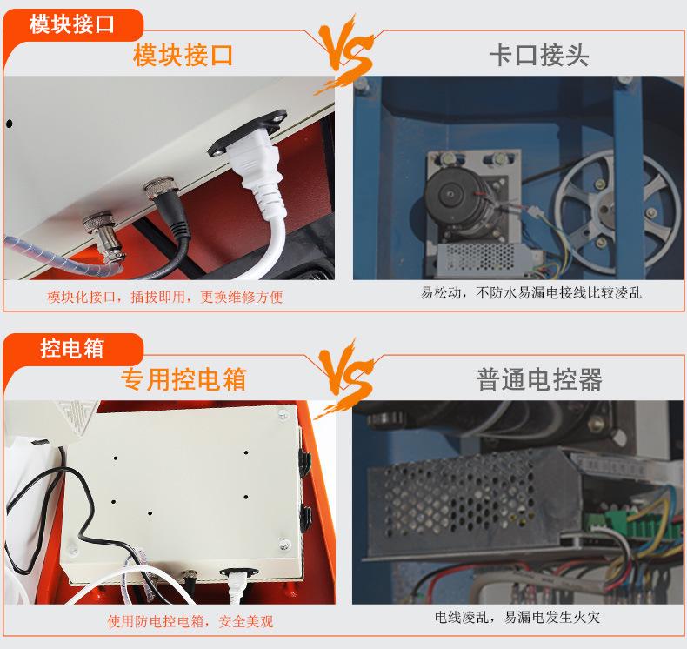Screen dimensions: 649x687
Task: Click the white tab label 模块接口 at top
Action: [x=71, y=23]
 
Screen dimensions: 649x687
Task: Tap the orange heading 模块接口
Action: [x=183, y=56]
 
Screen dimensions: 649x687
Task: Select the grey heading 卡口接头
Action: [x=538, y=56]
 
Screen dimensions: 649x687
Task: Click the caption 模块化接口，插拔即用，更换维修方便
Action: [x=165, y=297]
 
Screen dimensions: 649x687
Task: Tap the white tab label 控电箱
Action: [x=71, y=349]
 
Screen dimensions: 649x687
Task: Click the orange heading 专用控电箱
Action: [x=183, y=379]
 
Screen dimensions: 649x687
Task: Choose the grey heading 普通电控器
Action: [x=539, y=379]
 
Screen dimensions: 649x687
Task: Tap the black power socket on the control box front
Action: [x=236, y=575]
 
